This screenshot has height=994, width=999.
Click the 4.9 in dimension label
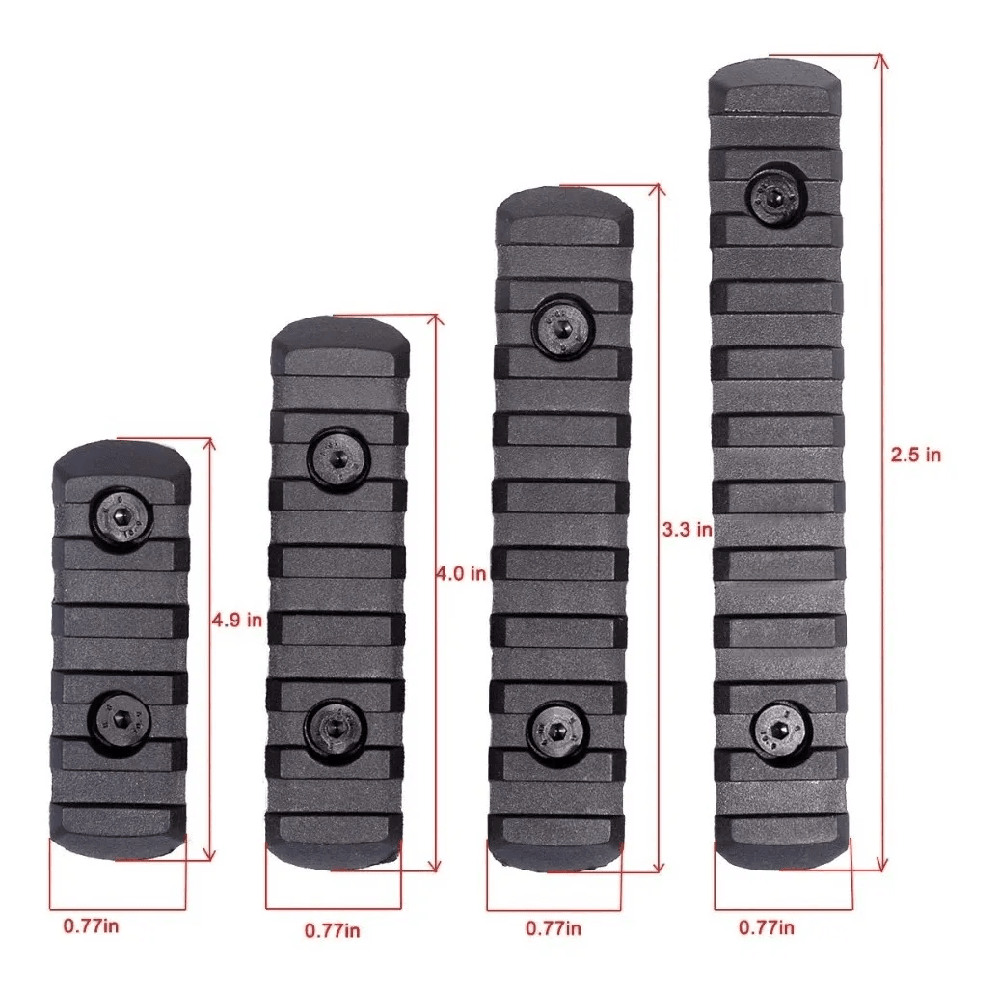click(237, 621)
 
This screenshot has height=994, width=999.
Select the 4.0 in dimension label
click(461, 573)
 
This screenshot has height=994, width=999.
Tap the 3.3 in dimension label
click(687, 529)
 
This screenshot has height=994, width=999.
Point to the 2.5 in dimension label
click(915, 455)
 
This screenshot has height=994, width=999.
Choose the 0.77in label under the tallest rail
click(767, 928)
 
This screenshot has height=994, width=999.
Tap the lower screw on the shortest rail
click(119, 719)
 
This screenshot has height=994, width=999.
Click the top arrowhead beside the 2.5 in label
click(879, 62)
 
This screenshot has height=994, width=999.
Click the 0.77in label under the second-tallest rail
click(553, 928)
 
